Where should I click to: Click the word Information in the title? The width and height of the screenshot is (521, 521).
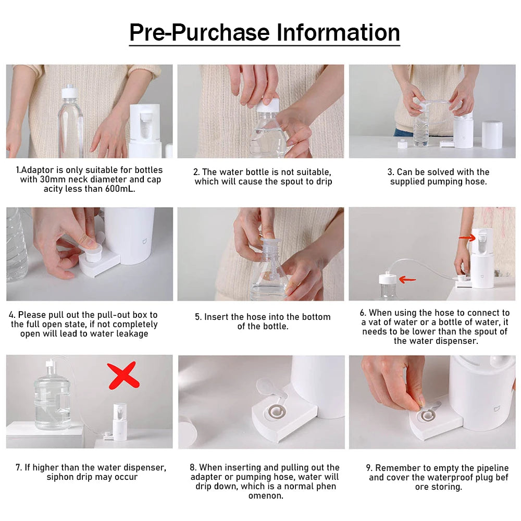tap(338, 32)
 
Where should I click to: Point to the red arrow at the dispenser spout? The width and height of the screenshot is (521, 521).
tap(467, 238)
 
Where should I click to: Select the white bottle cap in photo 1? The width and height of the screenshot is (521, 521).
tap(70, 93)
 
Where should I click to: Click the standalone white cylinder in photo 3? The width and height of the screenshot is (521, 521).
tap(491, 134)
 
